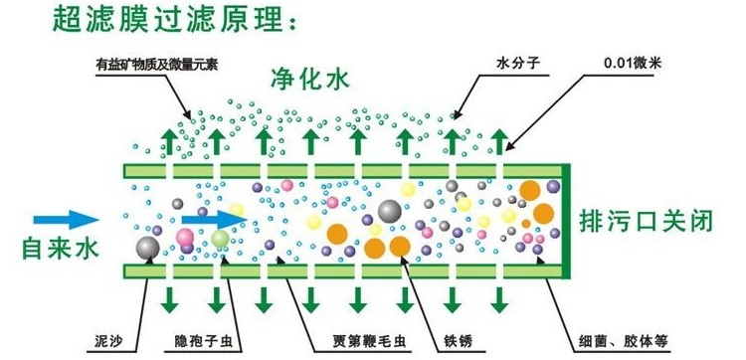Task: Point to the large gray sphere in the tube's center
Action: pos(388,211)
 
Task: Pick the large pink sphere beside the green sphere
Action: pos(186,236)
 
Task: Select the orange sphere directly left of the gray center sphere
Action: pos(338,234)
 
